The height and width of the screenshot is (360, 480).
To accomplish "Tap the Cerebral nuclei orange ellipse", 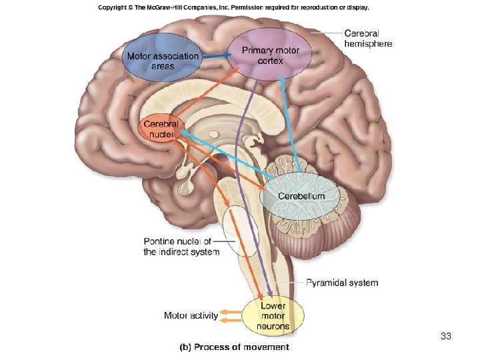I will pyautogui.click(x=161, y=127).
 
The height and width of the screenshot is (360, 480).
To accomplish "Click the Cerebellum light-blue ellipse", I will pyautogui.click(x=301, y=195).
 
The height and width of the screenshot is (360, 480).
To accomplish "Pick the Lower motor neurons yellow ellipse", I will pyautogui.click(x=273, y=316).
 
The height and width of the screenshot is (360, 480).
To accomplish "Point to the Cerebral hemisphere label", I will pyautogui.click(x=367, y=38).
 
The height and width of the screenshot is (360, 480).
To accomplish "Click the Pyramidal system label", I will pyautogui.click(x=342, y=283).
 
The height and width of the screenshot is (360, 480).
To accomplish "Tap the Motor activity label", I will pyautogui.click(x=191, y=315).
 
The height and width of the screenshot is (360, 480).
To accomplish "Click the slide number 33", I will pyautogui.click(x=446, y=336).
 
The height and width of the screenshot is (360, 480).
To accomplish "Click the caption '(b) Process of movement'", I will pyautogui.click(x=234, y=347).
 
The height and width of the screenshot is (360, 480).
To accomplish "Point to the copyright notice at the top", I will pyautogui.click(x=233, y=8).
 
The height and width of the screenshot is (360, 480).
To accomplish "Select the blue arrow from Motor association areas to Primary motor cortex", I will pyautogui.click(x=214, y=57).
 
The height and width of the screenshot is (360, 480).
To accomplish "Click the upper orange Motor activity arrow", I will pyautogui.click(x=230, y=311).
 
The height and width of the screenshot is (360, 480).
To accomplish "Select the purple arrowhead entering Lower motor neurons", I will pyautogui.click(x=269, y=294).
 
